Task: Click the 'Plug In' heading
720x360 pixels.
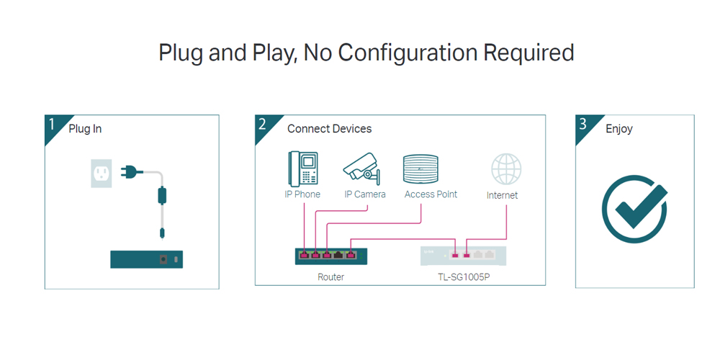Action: coord(85,129)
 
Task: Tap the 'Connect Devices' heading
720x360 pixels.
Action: coord(329,129)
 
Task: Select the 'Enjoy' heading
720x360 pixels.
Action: coord(619,129)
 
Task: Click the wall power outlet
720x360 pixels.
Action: coord(101,173)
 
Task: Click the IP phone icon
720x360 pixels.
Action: coord(302,168)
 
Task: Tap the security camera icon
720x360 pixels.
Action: coord(362,168)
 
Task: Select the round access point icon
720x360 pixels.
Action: coord(421,170)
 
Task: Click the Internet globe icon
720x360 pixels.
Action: coord(506,169)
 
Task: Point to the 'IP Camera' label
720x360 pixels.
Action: coord(365,194)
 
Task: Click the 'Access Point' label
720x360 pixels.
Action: coord(431,194)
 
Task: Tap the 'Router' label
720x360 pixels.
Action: coord(330,277)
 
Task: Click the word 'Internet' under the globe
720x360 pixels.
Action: coord(502,195)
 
